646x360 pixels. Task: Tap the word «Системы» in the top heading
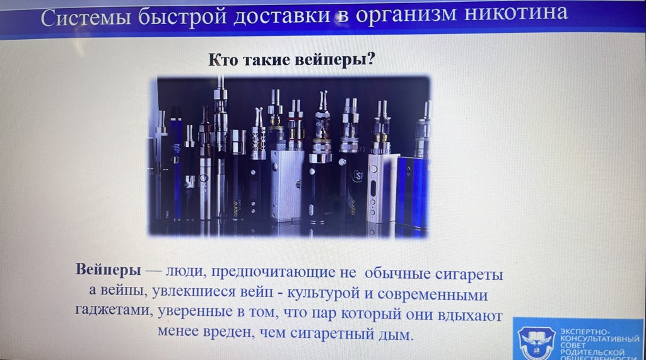(86, 18)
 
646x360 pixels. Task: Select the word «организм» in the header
(406, 15)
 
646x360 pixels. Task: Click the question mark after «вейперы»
(370, 59)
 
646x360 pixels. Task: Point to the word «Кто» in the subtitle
(223, 60)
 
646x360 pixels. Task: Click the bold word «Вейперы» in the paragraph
(109, 269)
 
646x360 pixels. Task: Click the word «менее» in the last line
(178, 331)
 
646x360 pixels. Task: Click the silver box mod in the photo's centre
(287, 185)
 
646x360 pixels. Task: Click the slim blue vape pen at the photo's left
(177, 164)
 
